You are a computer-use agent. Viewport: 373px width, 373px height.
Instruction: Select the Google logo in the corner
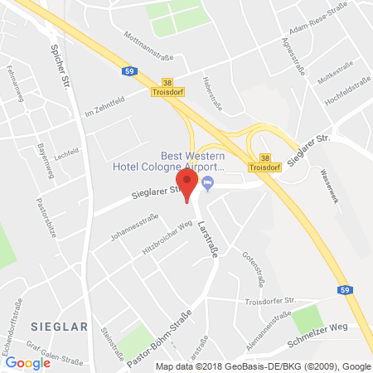coord(27,362)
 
